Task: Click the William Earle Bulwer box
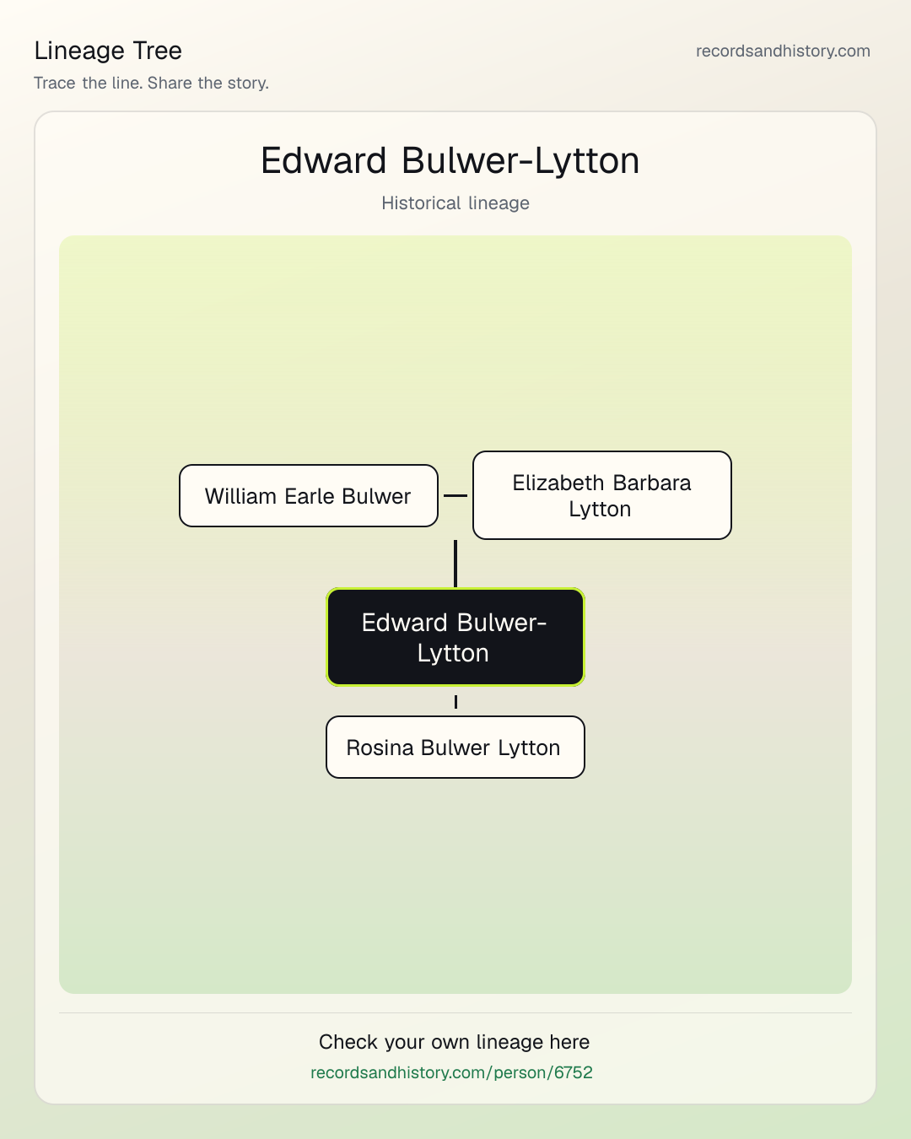pyautogui.click(x=309, y=495)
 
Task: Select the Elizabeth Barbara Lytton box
pyautogui.click(x=602, y=495)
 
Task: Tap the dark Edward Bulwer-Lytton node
pyautogui.click(x=455, y=637)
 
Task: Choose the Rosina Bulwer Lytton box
pyautogui.click(x=455, y=747)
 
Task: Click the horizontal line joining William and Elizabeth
pyautogui.click(x=455, y=495)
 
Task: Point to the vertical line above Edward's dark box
pyautogui.click(x=455, y=564)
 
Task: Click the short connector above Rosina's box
pyautogui.click(x=455, y=702)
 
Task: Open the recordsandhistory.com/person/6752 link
pyautogui.click(x=451, y=1072)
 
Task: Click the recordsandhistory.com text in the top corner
pyautogui.click(x=783, y=51)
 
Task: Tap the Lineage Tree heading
pyautogui.click(x=108, y=51)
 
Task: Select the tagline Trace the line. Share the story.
pyautogui.click(x=151, y=83)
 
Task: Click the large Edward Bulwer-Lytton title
pyautogui.click(x=450, y=160)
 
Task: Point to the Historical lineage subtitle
pyautogui.click(x=455, y=202)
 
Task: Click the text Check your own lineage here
pyautogui.click(x=454, y=1042)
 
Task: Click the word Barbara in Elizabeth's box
pyautogui.click(x=652, y=483)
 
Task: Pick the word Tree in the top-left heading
pyautogui.click(x=157, y=51)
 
